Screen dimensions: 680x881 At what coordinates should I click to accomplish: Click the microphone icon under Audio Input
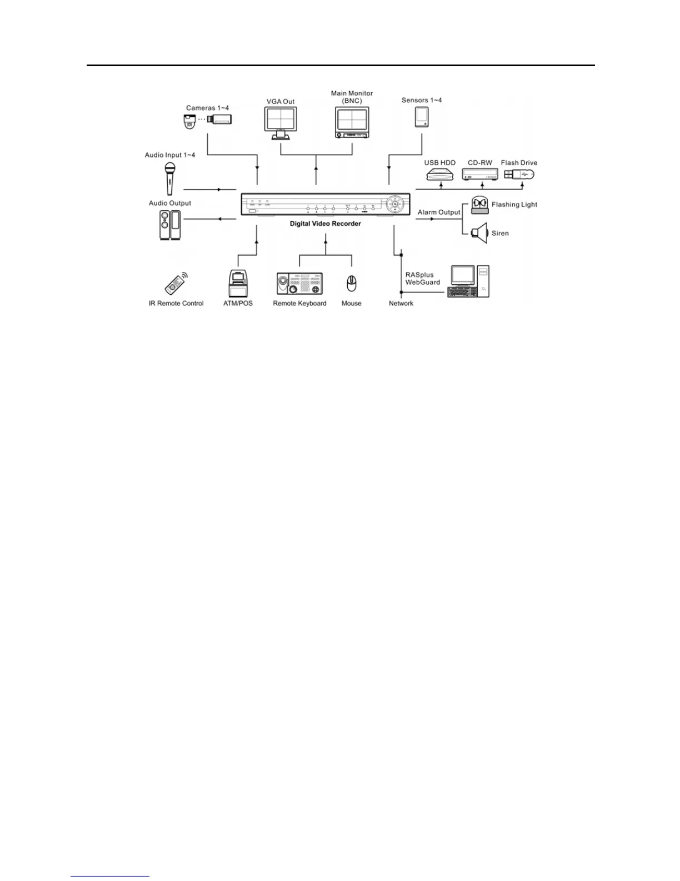pyautogui.click(x=170, y=177)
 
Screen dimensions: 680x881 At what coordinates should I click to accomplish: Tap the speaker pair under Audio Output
pyautogui.click(x=170, y=225)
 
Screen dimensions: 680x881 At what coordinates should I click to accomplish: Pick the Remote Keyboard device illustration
pyautogui.click(x=300, y=284)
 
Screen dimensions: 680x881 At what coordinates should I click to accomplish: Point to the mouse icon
pyautogui.click(x=351, y=284)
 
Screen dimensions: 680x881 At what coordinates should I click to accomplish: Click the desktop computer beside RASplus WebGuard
pyautogui.click(x=469, y=281)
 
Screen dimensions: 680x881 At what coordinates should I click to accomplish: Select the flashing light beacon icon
pyautogui.click(x=479, y=205)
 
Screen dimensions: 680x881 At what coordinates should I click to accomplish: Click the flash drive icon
pyautogui.click(x=519, y=174)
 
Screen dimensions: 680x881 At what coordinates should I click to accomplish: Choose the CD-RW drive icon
pyautogui.click(x=480, y=175)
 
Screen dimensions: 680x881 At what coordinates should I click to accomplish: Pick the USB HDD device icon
pyautogui.click(x=440, y=175)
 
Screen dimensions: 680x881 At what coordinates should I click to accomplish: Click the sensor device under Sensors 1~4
pyautogui.click(x=422, y=117)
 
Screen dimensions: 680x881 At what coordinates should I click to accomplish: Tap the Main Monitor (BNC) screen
pyautogui.click(x=352, y=122)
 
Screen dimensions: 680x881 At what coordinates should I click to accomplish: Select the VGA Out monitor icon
pyautogui.click(x=281, y=122)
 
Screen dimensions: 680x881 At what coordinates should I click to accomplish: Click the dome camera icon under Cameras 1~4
pyautogui.click(x=190, y=122)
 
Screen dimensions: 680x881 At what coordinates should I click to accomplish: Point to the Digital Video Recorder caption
pyautogui.click(x=326, y=224)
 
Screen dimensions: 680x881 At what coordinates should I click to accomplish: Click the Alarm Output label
pyautogui.click(x=439, y=212)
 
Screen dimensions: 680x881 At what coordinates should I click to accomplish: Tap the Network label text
pyautogui.click(x=401, y=303)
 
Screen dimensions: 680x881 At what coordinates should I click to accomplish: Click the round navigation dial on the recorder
pyautogui.click(x=395, y=204)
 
